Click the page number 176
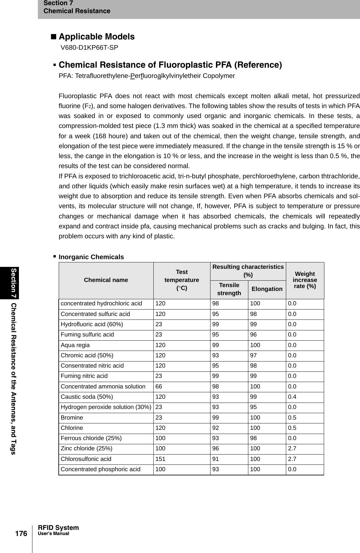[x=21, y=534]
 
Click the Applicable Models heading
[x=96, y=37]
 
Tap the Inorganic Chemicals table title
[x=91, y=257]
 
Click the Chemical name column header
[x=106, y=280]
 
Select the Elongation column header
[x=267, y=289]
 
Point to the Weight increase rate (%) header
[x=305, y=280]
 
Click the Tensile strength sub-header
[x=229, y=289]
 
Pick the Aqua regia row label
[x=75, y=345]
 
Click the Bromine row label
[x=72, y=418]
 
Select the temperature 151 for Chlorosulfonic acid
[x=160, y=459]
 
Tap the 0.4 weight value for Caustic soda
[x=292, y=397]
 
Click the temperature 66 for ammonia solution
[x=159, y=387]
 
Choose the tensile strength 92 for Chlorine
[x=216, y=428]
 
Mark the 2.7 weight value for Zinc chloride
[x=292, y=449]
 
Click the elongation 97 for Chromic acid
[x=253, y=355]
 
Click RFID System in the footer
[x=58, y=528]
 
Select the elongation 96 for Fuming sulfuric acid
[x=253, y=335]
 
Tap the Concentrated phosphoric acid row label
[x=100, y=469]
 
